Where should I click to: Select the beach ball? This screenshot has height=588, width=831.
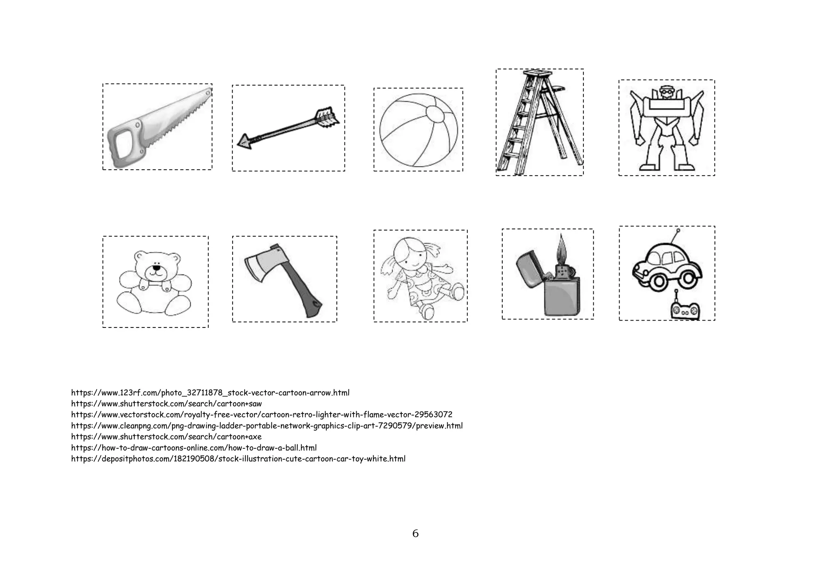(418, 130)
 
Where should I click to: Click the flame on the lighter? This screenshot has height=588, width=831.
(561, 248)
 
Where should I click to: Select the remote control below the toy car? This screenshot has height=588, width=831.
(685, 310)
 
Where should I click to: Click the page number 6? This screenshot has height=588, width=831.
(415, 534)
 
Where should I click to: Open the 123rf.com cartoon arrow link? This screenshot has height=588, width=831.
(210, 393)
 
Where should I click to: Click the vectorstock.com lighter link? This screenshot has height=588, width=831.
(262, 415)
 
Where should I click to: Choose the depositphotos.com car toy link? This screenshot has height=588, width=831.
(238, 459)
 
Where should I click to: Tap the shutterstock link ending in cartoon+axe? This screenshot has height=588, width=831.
(166, 437)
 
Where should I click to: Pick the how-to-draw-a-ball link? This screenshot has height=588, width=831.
(194, 448)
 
